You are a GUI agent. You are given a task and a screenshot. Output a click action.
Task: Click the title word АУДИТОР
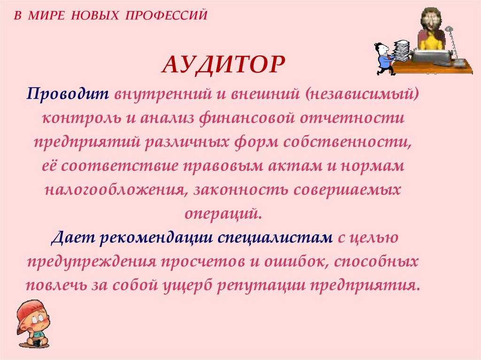pos(223,65)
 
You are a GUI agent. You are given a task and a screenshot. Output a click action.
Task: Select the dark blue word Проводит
pos(68,93)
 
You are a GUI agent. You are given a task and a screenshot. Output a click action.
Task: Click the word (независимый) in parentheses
pos(362,94)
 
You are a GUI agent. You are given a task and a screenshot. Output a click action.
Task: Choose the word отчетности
pos(352,118)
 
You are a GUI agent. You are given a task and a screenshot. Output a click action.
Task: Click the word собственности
pos(347,142)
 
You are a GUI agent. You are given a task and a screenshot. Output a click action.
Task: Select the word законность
pos(241,190)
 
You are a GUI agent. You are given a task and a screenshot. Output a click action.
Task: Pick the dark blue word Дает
pos(72,237)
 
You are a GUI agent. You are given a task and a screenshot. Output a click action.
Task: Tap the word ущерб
pos(187,285)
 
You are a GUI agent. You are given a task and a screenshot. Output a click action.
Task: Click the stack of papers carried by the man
pos(401,51)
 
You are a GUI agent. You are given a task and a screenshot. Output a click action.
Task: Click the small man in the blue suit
pos(384,59)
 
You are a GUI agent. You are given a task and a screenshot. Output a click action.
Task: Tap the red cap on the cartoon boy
pos(27,314)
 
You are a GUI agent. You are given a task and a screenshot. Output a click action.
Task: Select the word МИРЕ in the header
pos(46,15)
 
